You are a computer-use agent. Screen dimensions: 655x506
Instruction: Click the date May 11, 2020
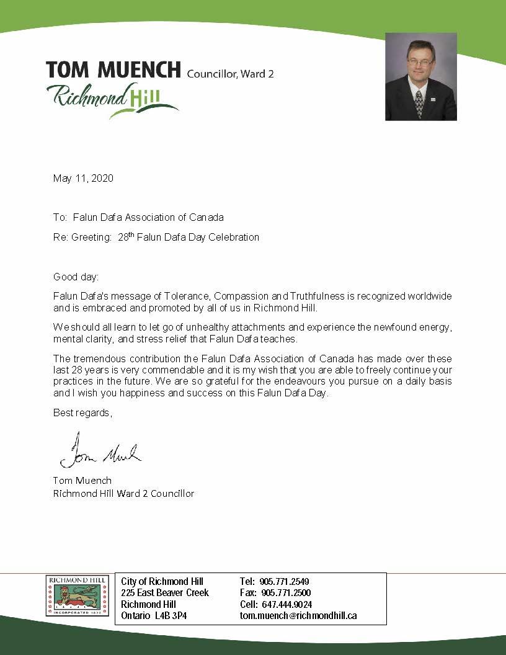coord(83,179)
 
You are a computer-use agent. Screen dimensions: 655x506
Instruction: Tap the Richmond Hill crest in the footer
coord(79,596)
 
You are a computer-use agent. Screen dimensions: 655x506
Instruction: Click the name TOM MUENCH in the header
coord(113,70)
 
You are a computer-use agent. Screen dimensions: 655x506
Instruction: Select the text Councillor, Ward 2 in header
coord(230,74)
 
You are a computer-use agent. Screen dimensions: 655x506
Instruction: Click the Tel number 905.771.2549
coord(284,582)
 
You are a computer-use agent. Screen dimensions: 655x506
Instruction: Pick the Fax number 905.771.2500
coord(284,593)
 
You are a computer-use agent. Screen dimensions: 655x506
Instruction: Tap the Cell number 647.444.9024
coord(285,605)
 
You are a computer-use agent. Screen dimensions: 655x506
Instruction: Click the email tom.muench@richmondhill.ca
coord(298,616)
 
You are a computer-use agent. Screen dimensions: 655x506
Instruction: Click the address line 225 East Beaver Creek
coord(165,593)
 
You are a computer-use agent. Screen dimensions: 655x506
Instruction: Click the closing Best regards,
coord(82,413)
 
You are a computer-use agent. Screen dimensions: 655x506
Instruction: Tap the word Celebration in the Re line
coord(234,237)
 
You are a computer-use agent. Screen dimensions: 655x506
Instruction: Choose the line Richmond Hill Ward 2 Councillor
coord(123,494)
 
